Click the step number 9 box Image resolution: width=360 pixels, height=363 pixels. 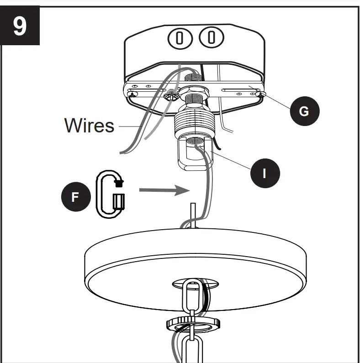click(x=20, y=26)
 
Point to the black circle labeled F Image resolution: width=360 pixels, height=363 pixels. click(x=75, y=197)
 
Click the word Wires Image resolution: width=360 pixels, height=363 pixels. click(x=89, y=125)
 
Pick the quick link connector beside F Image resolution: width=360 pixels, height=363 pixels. click(x=110, y=195)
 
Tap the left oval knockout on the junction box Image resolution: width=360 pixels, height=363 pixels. click(x=180, y=38)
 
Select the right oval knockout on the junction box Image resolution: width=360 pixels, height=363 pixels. click(x=210, y=37)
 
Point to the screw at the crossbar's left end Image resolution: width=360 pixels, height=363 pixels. click(x=133, y=95)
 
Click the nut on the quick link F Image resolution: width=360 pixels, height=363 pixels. click(x=119, y=183)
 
